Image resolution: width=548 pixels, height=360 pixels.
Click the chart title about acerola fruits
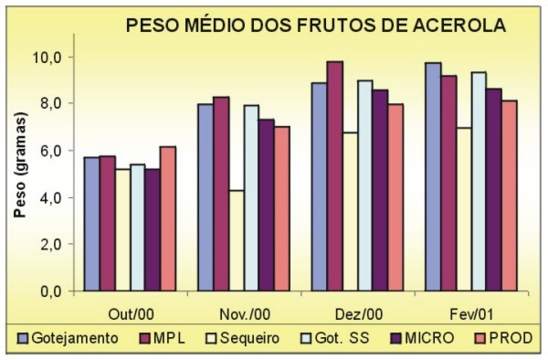(x=316, y=26)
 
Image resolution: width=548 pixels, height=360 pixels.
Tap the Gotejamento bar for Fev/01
(x=432, y=177)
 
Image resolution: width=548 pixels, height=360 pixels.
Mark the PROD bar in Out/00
(x=167, y=218)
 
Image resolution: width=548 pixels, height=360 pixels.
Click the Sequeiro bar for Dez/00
(x=350, y=211)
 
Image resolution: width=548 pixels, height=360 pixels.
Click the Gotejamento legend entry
(x=68, y=338)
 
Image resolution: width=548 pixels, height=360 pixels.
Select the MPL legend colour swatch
(x=141, y=338)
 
